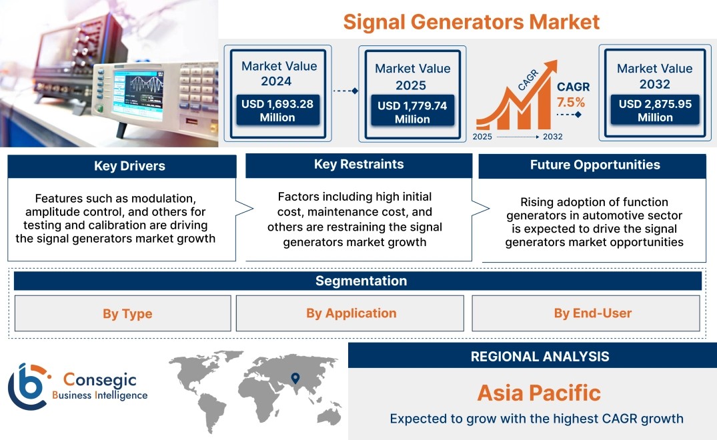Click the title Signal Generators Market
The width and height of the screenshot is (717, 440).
(471, 22)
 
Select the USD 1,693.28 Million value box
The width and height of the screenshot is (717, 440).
(277, 111)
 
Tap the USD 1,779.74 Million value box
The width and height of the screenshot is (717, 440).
(412, 112)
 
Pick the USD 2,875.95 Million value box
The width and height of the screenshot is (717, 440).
(655, 110)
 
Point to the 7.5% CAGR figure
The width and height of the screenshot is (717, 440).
(571, 102)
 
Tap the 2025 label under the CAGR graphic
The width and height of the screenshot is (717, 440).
(482, 137)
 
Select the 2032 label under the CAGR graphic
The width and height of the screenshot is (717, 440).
(552, 137)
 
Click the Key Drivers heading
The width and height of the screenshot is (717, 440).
(129, 166)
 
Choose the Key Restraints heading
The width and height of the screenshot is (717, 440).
(359, 165)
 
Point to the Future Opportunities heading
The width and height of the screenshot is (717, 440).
(595, 165)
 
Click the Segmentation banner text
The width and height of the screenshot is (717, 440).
(362, 281)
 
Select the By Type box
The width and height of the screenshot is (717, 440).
(123, 313)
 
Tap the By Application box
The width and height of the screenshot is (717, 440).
(349, 313)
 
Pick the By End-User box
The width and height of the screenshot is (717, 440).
(586, 313)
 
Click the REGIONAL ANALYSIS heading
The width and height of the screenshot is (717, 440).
(540, 357)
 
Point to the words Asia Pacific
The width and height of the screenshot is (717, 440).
(539, 393)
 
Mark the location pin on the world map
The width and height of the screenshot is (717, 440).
(295, 378)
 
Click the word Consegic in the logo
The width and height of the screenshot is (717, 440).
(99, 379)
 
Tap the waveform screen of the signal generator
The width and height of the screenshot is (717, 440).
(138, 95)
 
